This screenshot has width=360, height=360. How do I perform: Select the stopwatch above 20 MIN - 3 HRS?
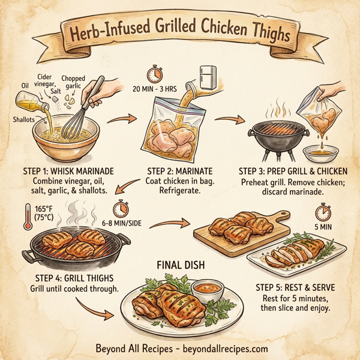click(154, 73)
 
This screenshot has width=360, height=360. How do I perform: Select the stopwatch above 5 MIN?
click(323, 212)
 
